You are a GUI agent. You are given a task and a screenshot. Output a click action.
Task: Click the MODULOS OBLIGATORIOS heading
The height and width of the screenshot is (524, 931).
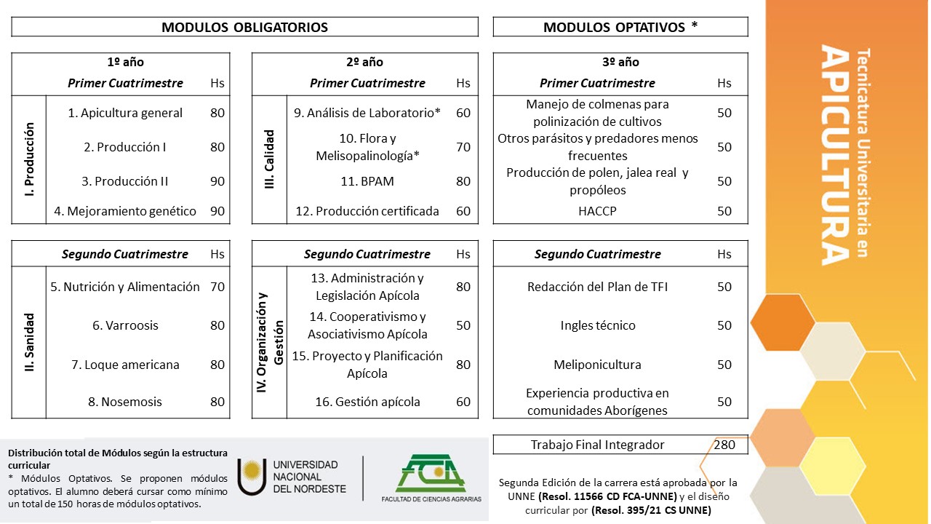(x=244, y=28)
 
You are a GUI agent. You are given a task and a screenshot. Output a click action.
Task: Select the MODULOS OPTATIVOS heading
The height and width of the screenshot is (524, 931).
(x=620, y=28)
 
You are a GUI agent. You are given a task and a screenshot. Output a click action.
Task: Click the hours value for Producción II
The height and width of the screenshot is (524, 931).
(x=217, y=181)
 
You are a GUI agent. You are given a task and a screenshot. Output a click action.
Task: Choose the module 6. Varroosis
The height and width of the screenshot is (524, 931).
(x=125, y=325)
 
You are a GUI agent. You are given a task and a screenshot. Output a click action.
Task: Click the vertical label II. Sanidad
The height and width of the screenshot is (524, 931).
(x=29, y=343)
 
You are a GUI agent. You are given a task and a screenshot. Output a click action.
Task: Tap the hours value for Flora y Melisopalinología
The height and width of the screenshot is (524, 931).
(x=463, y=147)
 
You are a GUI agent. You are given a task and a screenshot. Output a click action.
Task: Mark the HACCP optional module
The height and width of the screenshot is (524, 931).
(x=598, y=211)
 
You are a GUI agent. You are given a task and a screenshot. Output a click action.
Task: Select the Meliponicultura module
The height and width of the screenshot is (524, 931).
(x=598, y=365)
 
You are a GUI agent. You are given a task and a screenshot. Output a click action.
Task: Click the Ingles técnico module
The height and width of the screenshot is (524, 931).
(x=598, y=325)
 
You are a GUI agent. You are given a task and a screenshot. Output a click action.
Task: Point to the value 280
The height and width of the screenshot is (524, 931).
(x=724, y=445)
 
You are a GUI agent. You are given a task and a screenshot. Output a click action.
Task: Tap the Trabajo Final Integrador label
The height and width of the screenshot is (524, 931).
(x=598, y=445)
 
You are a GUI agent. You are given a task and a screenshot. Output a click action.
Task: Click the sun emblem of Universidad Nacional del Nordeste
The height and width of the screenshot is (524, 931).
(x=252, y=477)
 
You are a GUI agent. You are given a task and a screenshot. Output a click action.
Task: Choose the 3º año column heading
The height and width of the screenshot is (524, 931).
(x=620, y=63)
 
